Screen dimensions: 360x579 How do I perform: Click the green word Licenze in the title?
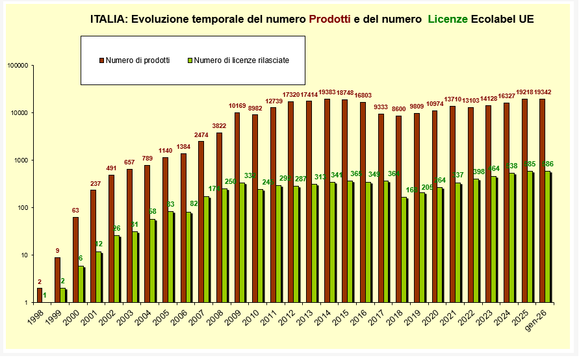coord(446,19)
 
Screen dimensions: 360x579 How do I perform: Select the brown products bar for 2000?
coord(75,259)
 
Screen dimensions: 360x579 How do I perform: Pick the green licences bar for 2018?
coord(404,250)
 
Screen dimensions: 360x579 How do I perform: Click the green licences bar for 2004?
coord(153,261)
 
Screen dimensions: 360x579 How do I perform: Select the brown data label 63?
coord(75,211)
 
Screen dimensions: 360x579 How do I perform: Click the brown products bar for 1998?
coord(40,295)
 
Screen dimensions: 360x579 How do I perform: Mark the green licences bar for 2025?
coord(530,237)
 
